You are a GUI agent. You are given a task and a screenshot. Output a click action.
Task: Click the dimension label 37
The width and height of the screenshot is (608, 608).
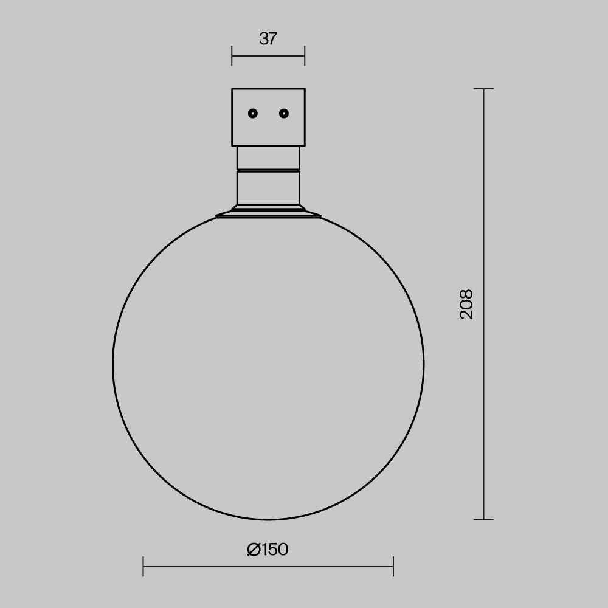268,39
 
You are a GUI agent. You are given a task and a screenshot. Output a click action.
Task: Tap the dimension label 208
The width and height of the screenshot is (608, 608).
466,304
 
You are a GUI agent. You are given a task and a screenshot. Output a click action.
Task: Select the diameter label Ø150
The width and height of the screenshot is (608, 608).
268,550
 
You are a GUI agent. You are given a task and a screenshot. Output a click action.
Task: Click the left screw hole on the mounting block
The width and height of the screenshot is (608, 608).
253,113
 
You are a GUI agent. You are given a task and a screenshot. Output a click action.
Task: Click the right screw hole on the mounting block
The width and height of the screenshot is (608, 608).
283,113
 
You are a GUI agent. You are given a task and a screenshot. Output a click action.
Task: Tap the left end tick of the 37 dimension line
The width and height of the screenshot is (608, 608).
232,56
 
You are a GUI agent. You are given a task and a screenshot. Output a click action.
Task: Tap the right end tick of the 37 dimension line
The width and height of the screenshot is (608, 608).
305,56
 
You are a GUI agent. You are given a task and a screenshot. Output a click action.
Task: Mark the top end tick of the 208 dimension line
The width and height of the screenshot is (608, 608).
483,89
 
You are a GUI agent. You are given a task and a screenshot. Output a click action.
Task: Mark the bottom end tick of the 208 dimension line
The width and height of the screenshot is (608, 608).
483,520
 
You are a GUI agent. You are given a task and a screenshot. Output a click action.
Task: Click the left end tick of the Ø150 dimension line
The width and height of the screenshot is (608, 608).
143,567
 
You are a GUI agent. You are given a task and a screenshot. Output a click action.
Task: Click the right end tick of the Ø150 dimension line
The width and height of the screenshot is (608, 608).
393,567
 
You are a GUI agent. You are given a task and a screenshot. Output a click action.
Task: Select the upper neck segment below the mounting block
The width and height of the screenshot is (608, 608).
268,157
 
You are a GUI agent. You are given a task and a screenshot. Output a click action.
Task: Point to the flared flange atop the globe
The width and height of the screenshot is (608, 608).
268,212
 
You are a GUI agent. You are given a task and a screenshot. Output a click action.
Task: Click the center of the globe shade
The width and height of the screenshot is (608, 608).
268,365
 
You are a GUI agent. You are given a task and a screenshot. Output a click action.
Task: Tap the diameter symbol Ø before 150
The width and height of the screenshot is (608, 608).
254,550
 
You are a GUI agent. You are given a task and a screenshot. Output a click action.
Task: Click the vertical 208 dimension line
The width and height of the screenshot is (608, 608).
483,395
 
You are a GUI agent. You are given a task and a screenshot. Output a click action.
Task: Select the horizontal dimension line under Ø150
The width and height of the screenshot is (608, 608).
328,567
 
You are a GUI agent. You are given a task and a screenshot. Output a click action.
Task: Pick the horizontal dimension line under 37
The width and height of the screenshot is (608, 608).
268,56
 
